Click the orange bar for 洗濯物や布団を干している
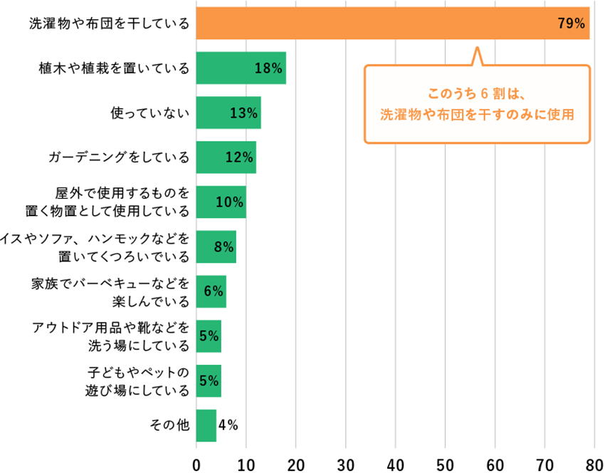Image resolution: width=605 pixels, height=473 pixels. coord(391,24)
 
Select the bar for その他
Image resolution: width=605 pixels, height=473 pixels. coord(206,425)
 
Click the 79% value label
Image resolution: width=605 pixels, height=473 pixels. coord(572,24)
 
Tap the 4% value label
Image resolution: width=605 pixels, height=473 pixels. coord(228,425)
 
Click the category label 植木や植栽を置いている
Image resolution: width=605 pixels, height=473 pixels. coord(115,68)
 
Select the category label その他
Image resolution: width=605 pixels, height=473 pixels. coord(169,425)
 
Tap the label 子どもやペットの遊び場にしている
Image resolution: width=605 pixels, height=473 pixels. coord(139,381)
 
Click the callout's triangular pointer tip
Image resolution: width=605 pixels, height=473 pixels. coord(477,49)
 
